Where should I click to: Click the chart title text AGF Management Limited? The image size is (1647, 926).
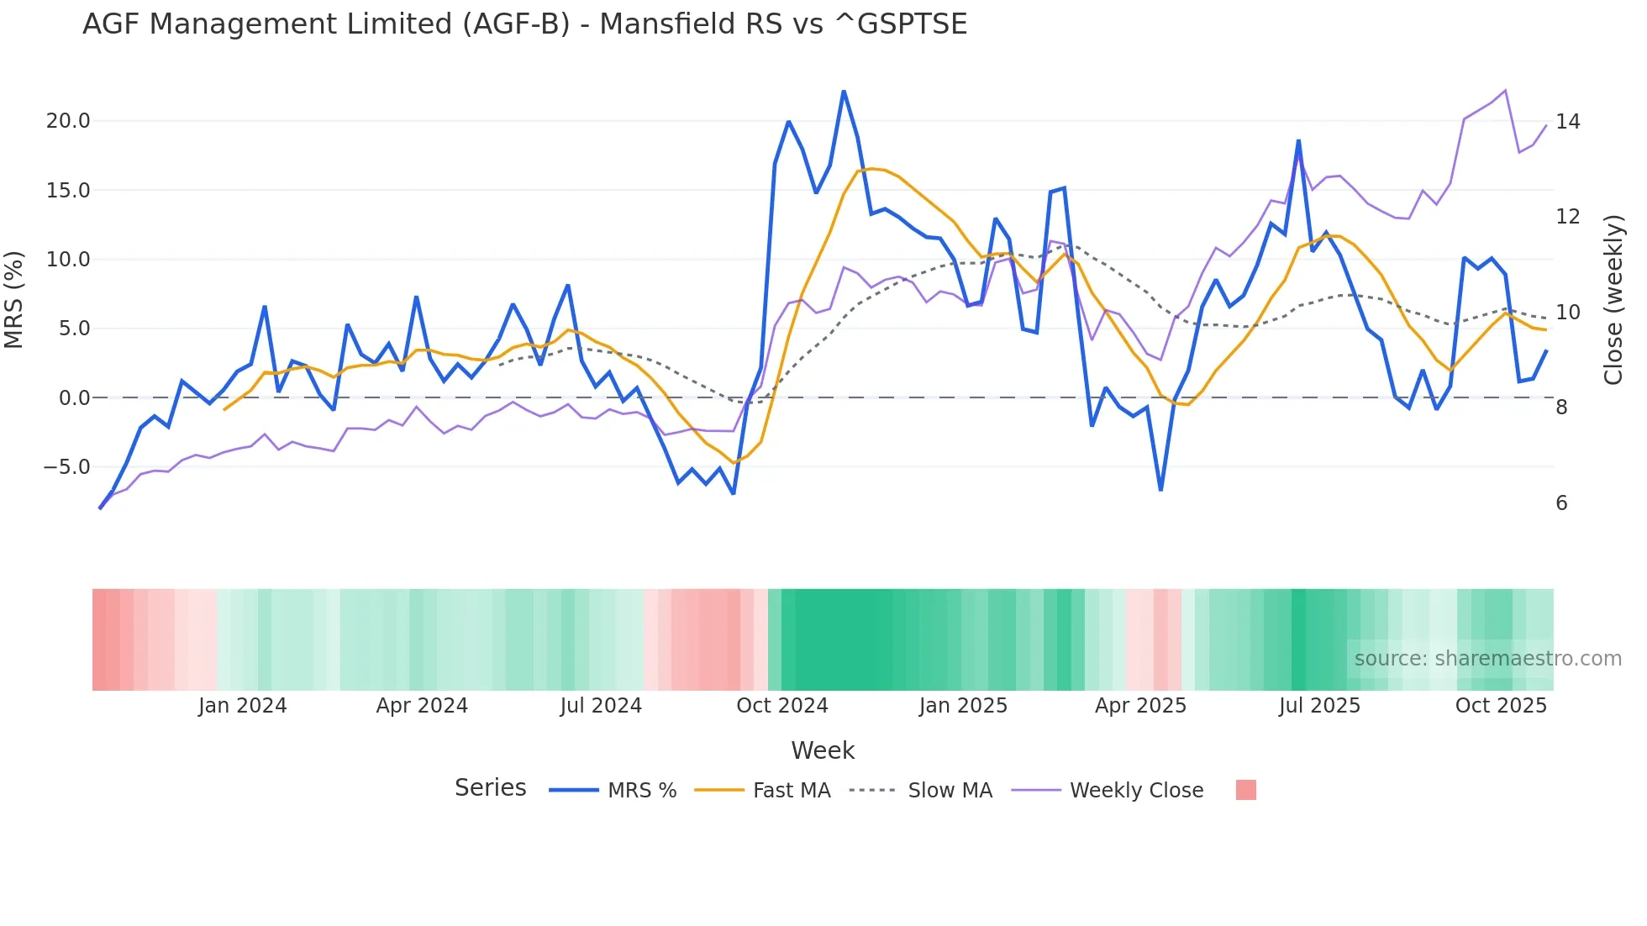point(524,24)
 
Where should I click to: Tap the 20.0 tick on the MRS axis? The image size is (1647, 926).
point(68,121)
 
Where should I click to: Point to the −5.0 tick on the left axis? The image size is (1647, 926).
point(66,467)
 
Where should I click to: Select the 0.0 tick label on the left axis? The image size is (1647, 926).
point(74,398)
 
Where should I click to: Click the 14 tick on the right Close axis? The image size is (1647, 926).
point(1567,122)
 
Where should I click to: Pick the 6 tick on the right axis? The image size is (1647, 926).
point(1561,503)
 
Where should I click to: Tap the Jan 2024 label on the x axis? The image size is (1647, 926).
point(242,706)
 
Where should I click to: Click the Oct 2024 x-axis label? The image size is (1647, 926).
point(781,706)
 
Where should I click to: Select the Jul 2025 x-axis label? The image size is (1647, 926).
point(1319,706)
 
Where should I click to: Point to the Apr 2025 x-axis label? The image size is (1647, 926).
point(1140,706)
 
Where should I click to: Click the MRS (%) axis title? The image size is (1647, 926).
point(14,299)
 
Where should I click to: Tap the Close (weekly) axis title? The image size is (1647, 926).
point(1613,300)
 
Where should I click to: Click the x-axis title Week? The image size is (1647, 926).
point(823,750)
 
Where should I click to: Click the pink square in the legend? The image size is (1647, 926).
point(1245,790)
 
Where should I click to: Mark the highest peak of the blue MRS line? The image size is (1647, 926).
point(844,92)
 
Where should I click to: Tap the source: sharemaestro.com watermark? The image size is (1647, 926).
point(1487,659)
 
